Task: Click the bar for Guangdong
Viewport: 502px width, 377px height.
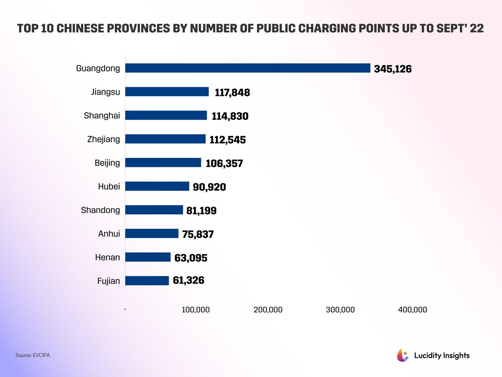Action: click(x=248, y=68)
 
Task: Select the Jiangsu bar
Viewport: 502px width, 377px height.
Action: click(x=167, y=92)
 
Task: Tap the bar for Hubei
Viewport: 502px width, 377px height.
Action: click(x=157, y=186)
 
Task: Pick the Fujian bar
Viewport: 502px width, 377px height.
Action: click(x=147, y=281)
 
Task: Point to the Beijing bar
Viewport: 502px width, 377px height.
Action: click(x=163, y=163)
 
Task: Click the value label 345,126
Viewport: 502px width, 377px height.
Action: click(x=393, y=69)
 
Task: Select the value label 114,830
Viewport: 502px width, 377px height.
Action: click(x=230, y=116)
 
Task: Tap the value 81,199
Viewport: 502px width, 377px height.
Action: click(x=201, y=211)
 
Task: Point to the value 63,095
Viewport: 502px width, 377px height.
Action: click(x=191, y=258)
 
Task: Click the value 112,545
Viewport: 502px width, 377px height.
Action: click(x=228, y=140)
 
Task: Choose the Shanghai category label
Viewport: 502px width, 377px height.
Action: click(x=102, y=116)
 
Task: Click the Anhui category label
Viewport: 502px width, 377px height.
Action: click(x=109, y=234)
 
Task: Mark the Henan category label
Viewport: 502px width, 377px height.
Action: click(x=107, y=257)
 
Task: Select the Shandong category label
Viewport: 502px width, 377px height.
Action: click(x=100, y=210)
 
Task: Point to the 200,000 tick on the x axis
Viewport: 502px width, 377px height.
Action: click(x=268, y=310)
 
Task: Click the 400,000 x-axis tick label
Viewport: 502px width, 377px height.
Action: click(x=413, y=310)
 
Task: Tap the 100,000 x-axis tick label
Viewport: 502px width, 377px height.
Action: click(x=196, y=310)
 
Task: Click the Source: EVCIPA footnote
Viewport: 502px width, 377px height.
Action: click(x=32, y=355)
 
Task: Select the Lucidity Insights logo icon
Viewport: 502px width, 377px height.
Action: click(x=403, y=355)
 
